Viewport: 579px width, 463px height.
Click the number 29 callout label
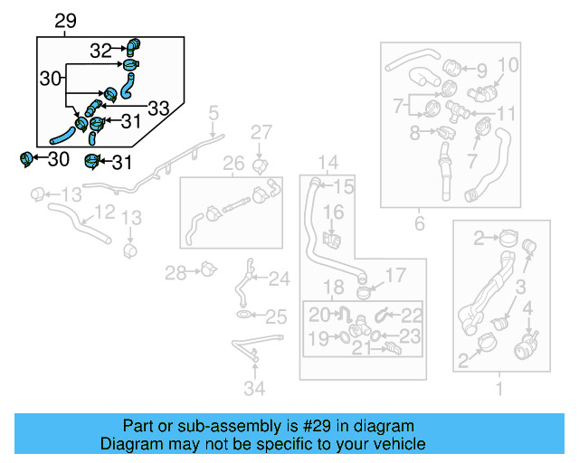[x=66, y=21]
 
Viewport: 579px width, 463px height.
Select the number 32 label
[x=101, y=51]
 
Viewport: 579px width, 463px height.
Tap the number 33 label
[x=157, y=109]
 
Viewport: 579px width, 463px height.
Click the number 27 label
[x=261, y=133]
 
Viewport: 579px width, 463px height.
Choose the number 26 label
[x=233, y=164]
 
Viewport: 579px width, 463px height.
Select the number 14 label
[x=327, y=163]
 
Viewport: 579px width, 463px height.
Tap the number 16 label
[x=334, y=212]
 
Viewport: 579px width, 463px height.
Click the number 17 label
[x=397, y=275]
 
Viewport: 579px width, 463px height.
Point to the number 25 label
[x=276, y=317]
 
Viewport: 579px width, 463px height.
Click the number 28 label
[x=175, y=271]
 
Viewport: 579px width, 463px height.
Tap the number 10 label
[x=508, y=65]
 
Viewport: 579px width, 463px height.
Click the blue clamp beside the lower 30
[x=27, y=160]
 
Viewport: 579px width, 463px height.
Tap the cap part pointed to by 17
[x=365, y=291]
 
